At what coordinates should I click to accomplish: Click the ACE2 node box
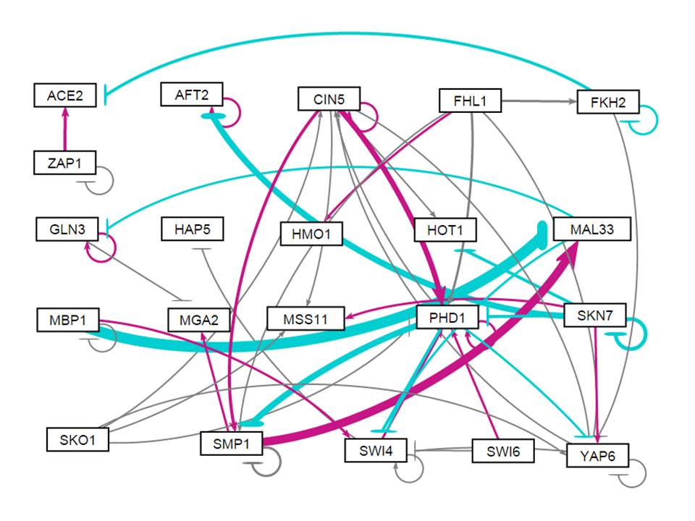(x=65, y=95)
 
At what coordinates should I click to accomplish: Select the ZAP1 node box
(x=65, y=163)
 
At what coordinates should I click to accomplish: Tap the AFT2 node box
(x=192, y=94)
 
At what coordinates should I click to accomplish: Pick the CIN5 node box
(x=329, y=98)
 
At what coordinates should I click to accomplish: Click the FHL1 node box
(x=470, y=100)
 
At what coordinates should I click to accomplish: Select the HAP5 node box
(x=192, y=230)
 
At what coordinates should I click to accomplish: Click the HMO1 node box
(x=311, y=234)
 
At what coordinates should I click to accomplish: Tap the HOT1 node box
(x=445, y=232)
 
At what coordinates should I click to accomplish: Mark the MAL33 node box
(x=592, y=230)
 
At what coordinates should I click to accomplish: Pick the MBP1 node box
(x=67, y=319)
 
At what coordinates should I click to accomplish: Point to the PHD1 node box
(x=448, y=317)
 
